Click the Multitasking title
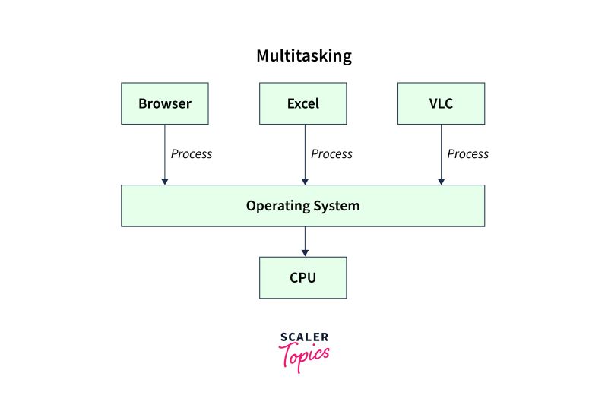pos(303,56)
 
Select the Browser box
pos(165,103)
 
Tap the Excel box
pos(303,103)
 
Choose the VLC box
pos(441,103)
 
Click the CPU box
pos(303,277)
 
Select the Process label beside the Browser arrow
pos(192,154)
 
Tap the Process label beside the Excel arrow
pos(331,154)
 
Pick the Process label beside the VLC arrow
pos(467,154)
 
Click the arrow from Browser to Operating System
pos(165,152)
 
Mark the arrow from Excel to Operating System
pos(304,152)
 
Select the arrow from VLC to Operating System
pos(441,152)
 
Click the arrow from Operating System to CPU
pos(304,240)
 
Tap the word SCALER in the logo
pos(304,337)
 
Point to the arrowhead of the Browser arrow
pos(165,181)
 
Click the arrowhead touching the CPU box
pos(304,252)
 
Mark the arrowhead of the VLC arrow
pos(441,181)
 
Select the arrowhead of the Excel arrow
pos(304,181)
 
